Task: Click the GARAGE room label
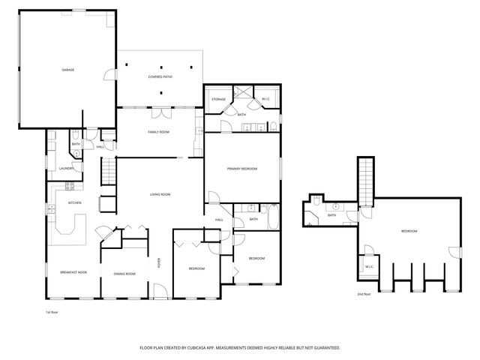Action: tap(67, 70)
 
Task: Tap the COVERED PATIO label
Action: tap(160, 76)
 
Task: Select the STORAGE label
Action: tap(218, 99)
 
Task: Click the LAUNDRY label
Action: tap(66, 169)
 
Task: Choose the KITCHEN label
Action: tap(74, 202)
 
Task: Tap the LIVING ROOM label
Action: tap(160, 194)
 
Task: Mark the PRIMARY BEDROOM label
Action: tap(242, 169)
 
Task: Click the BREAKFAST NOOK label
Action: tap(73, 272)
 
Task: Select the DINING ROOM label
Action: tap(124, 274)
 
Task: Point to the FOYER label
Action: tap(158, 262)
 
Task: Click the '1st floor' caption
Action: tap(52, 312)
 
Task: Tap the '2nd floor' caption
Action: tap(363, 294)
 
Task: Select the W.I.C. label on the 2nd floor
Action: tap(369, 266)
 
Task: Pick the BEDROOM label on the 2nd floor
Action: tap(409, 231)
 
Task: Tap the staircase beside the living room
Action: tap(109, 172)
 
